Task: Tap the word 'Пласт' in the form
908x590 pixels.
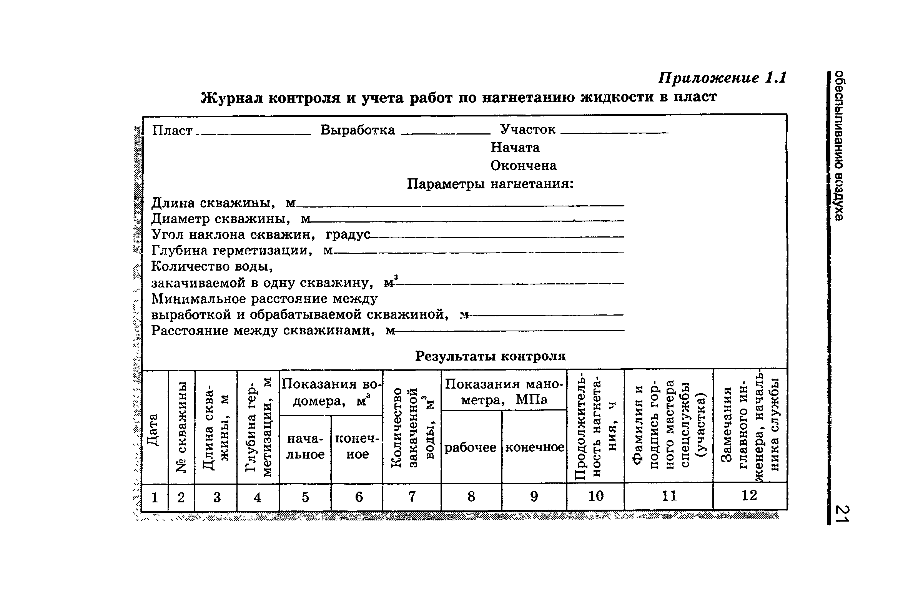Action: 172,131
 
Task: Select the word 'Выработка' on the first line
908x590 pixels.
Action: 358,130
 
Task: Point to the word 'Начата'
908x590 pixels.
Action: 515,148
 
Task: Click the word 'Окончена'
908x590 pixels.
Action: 523,166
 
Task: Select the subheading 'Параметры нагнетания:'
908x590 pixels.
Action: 490,184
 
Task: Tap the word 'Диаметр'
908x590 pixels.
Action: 180,219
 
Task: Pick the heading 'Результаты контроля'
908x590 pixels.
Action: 490,356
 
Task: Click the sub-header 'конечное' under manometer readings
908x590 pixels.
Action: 534,447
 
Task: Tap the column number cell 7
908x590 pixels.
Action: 412,497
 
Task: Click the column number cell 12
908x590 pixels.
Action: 749,495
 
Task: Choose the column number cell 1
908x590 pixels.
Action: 155,498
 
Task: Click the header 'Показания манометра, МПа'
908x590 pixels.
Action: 504,392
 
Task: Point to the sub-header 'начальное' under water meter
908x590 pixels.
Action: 306,447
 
